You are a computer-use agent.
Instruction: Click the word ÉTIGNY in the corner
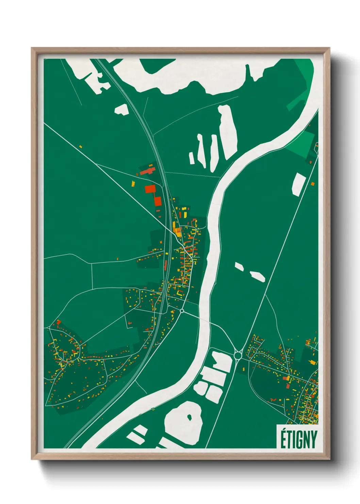point(298,439)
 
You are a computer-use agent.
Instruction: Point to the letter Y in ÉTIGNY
point(313,440)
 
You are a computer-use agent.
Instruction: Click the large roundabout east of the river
point(238,356)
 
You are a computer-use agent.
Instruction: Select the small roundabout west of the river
point(182,311)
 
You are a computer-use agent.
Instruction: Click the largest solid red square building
point(150,189)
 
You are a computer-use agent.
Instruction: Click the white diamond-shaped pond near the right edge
point(299,184)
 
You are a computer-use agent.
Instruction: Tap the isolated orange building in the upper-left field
point(81,147)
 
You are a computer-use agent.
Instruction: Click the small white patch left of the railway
point(121,109)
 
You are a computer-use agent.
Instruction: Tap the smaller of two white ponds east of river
point(239,267)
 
